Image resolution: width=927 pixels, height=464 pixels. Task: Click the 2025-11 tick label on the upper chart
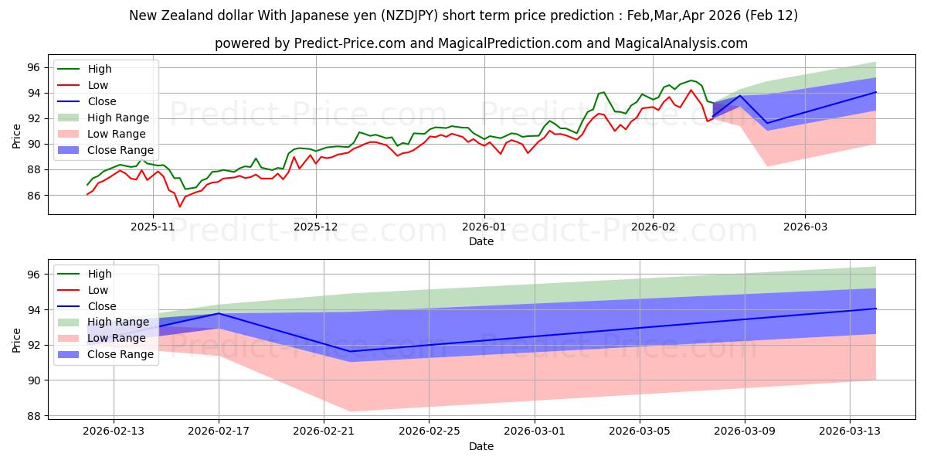[152, 227]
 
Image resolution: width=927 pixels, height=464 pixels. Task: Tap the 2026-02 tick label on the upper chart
[653, 227]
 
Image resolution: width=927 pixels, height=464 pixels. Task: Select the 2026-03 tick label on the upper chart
[805, 227]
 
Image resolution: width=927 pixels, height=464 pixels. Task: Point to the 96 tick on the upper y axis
[34, 67]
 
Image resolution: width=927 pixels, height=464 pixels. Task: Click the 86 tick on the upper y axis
[34, 196]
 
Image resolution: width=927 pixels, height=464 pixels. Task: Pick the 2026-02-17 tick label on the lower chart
[219, 431]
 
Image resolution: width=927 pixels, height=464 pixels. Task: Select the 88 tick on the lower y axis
[34, 416]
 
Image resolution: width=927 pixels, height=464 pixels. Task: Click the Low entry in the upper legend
[98, 85]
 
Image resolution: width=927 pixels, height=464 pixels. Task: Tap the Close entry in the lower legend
[102, 305]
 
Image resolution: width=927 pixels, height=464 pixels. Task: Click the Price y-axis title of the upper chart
[17, 135]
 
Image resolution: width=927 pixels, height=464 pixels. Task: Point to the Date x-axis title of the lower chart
[481, 446]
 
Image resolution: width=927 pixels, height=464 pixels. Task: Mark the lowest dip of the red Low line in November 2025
[180, 206]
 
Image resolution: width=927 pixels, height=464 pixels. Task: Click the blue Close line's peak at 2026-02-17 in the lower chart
[219, 313]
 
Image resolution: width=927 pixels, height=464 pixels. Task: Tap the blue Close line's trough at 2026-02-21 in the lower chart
[350, 351]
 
